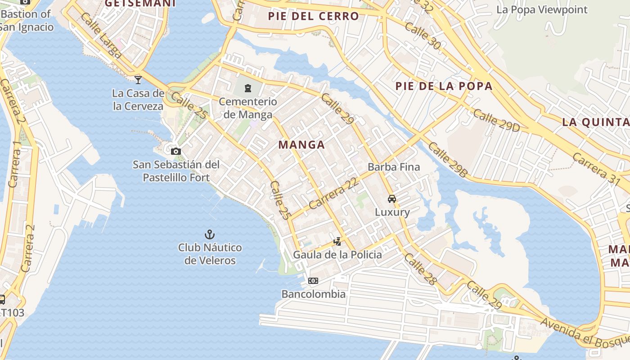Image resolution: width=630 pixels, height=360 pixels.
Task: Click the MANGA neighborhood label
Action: coord(301,145)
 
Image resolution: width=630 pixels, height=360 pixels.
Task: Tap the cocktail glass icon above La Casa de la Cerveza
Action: coord(138,80)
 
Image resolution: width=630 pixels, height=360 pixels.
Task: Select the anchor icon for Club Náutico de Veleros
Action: coord(209,234)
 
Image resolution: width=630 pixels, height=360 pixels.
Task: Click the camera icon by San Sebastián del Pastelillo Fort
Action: coord(176,151)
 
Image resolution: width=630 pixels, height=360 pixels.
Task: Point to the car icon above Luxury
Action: coord(392,198)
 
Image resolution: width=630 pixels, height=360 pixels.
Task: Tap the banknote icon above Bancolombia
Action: coord(313,281)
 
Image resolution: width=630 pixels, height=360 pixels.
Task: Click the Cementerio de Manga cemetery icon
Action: coord(247,88)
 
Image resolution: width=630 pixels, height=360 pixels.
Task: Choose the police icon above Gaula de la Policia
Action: coord(337,242)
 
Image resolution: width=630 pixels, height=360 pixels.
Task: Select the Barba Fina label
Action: coord(394,167)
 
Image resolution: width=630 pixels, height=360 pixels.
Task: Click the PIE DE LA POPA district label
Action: coord(444,86)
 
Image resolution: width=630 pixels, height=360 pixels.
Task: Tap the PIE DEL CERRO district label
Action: coord(314,17)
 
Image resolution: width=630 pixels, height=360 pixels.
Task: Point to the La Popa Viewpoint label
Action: coord(542,9)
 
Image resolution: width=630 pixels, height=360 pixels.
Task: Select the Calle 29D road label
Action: coord(496,121)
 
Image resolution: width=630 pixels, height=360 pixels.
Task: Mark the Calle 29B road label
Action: coord(448,159)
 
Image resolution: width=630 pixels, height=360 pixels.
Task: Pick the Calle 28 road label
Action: coord(420,269)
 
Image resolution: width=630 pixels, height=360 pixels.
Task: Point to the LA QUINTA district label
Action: coord(595,122)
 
